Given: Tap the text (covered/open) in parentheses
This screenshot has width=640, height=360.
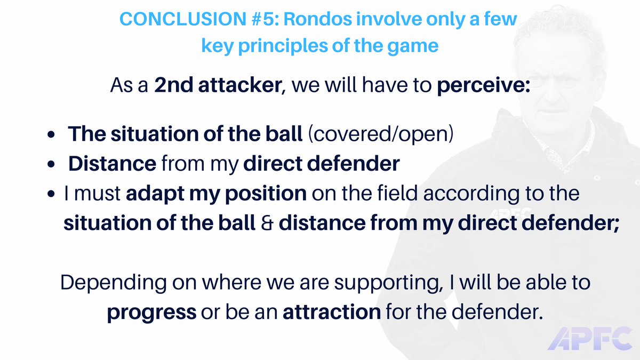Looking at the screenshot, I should [380, 134].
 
